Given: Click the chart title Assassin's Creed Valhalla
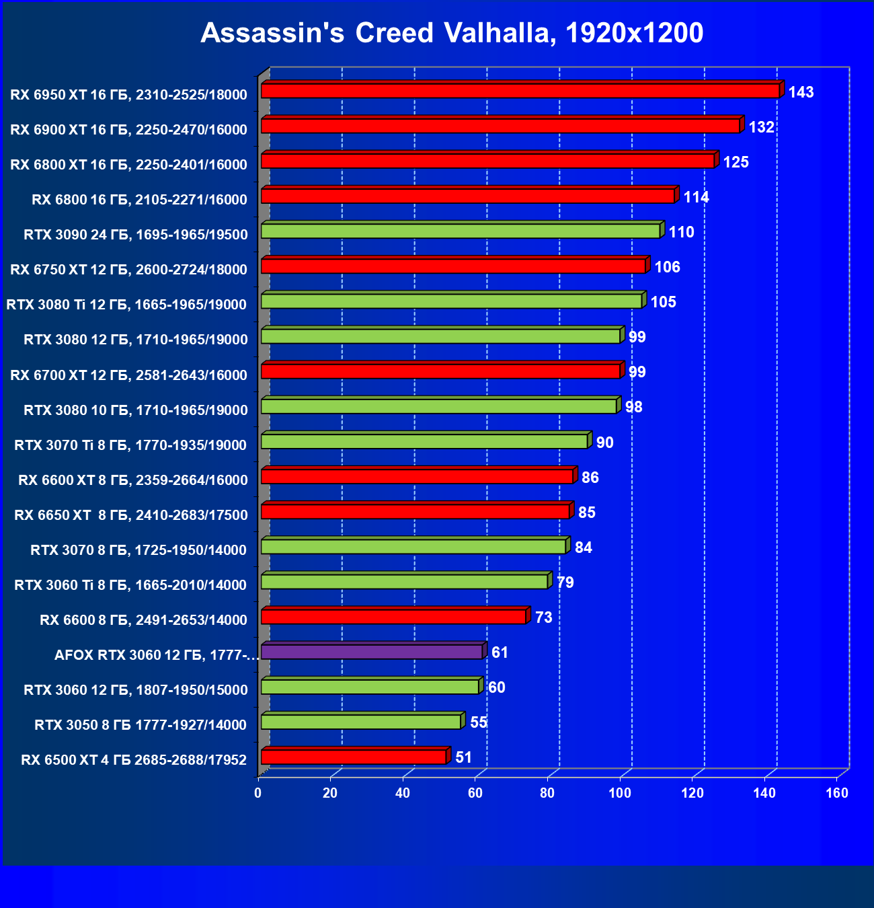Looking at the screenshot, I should [x=452, y=33].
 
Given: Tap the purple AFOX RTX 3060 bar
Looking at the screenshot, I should [x=372, y=652].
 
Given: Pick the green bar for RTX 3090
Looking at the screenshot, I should [x=461, y=231].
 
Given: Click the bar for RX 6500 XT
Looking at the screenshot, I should [x=354, y=757].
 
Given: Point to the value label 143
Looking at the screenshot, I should [x=801, y=92].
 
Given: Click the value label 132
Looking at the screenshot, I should [x=761, y=127].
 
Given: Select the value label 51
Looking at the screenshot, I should [x=463, y=757].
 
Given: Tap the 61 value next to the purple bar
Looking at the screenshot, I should [x=500, y=652].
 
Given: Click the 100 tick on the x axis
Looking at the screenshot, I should [x=620, y=793].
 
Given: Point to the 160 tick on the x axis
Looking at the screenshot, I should [x=837, y=793].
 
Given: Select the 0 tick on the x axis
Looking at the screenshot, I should [x=258, y=793].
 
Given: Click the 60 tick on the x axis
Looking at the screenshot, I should [x=475, y=793].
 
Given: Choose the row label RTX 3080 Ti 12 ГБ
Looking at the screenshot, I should [x=126, y=305].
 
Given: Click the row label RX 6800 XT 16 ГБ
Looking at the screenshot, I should [x=128, y=165].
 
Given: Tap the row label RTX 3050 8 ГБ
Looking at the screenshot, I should [x=141, y=725].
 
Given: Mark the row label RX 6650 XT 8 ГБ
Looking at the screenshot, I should [x=131, y=515].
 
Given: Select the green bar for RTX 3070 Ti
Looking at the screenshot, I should [x=424, y=441].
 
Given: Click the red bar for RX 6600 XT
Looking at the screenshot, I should [x=417, y=476].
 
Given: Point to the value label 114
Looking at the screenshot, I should [x=696, y=197].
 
